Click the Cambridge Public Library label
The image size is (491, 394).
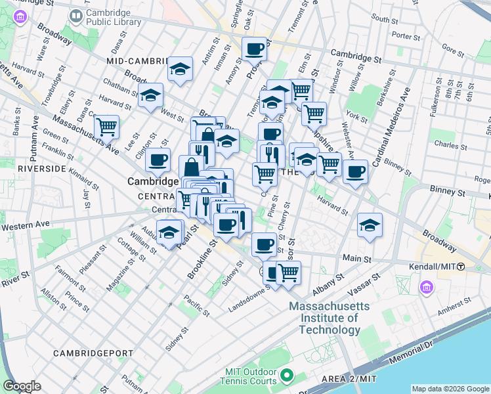(114, 17)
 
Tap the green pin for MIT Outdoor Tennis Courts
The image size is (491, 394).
(286, 376)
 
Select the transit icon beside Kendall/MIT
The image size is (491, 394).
(461, 267)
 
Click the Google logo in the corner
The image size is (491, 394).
(22, 386)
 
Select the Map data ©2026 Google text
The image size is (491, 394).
(450, 389)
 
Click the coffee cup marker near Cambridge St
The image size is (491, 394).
(254, 47)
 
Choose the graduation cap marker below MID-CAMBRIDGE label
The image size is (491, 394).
(180, 69)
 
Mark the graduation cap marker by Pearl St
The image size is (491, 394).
(169, 232)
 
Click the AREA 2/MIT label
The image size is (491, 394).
(349, 379)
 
